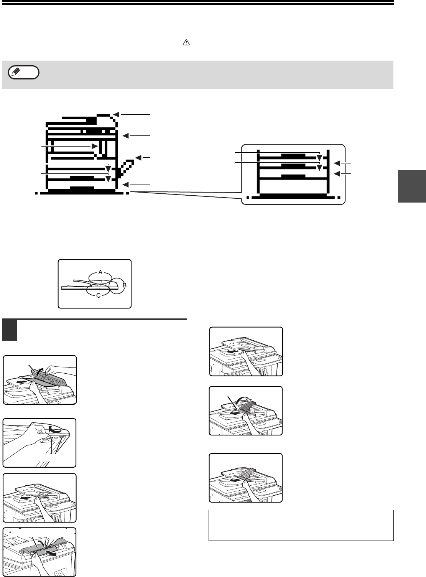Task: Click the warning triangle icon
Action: [x=186, y=43]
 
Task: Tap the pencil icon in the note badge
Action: [x=16, y=71]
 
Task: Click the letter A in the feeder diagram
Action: [x=100, y=272]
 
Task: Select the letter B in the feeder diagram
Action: [x=125, y=285]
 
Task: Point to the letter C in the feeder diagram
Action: [x=98, y=295]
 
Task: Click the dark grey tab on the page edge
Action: [x=412, y=186]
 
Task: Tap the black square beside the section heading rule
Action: [x=10, y=330]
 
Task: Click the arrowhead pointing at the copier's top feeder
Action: [x=117, y=114]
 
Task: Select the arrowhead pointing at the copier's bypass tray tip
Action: [x=138, y=158]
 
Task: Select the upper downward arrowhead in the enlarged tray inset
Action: [x=319, y=158]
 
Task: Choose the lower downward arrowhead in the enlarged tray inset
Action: [x=319, y=168]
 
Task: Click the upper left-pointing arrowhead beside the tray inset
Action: [x=337, y=163]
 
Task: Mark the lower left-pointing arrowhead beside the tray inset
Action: [x=337, y=173]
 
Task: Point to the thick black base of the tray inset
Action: [x=293, y=196]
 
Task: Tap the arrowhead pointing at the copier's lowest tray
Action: [x=126, y=185]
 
